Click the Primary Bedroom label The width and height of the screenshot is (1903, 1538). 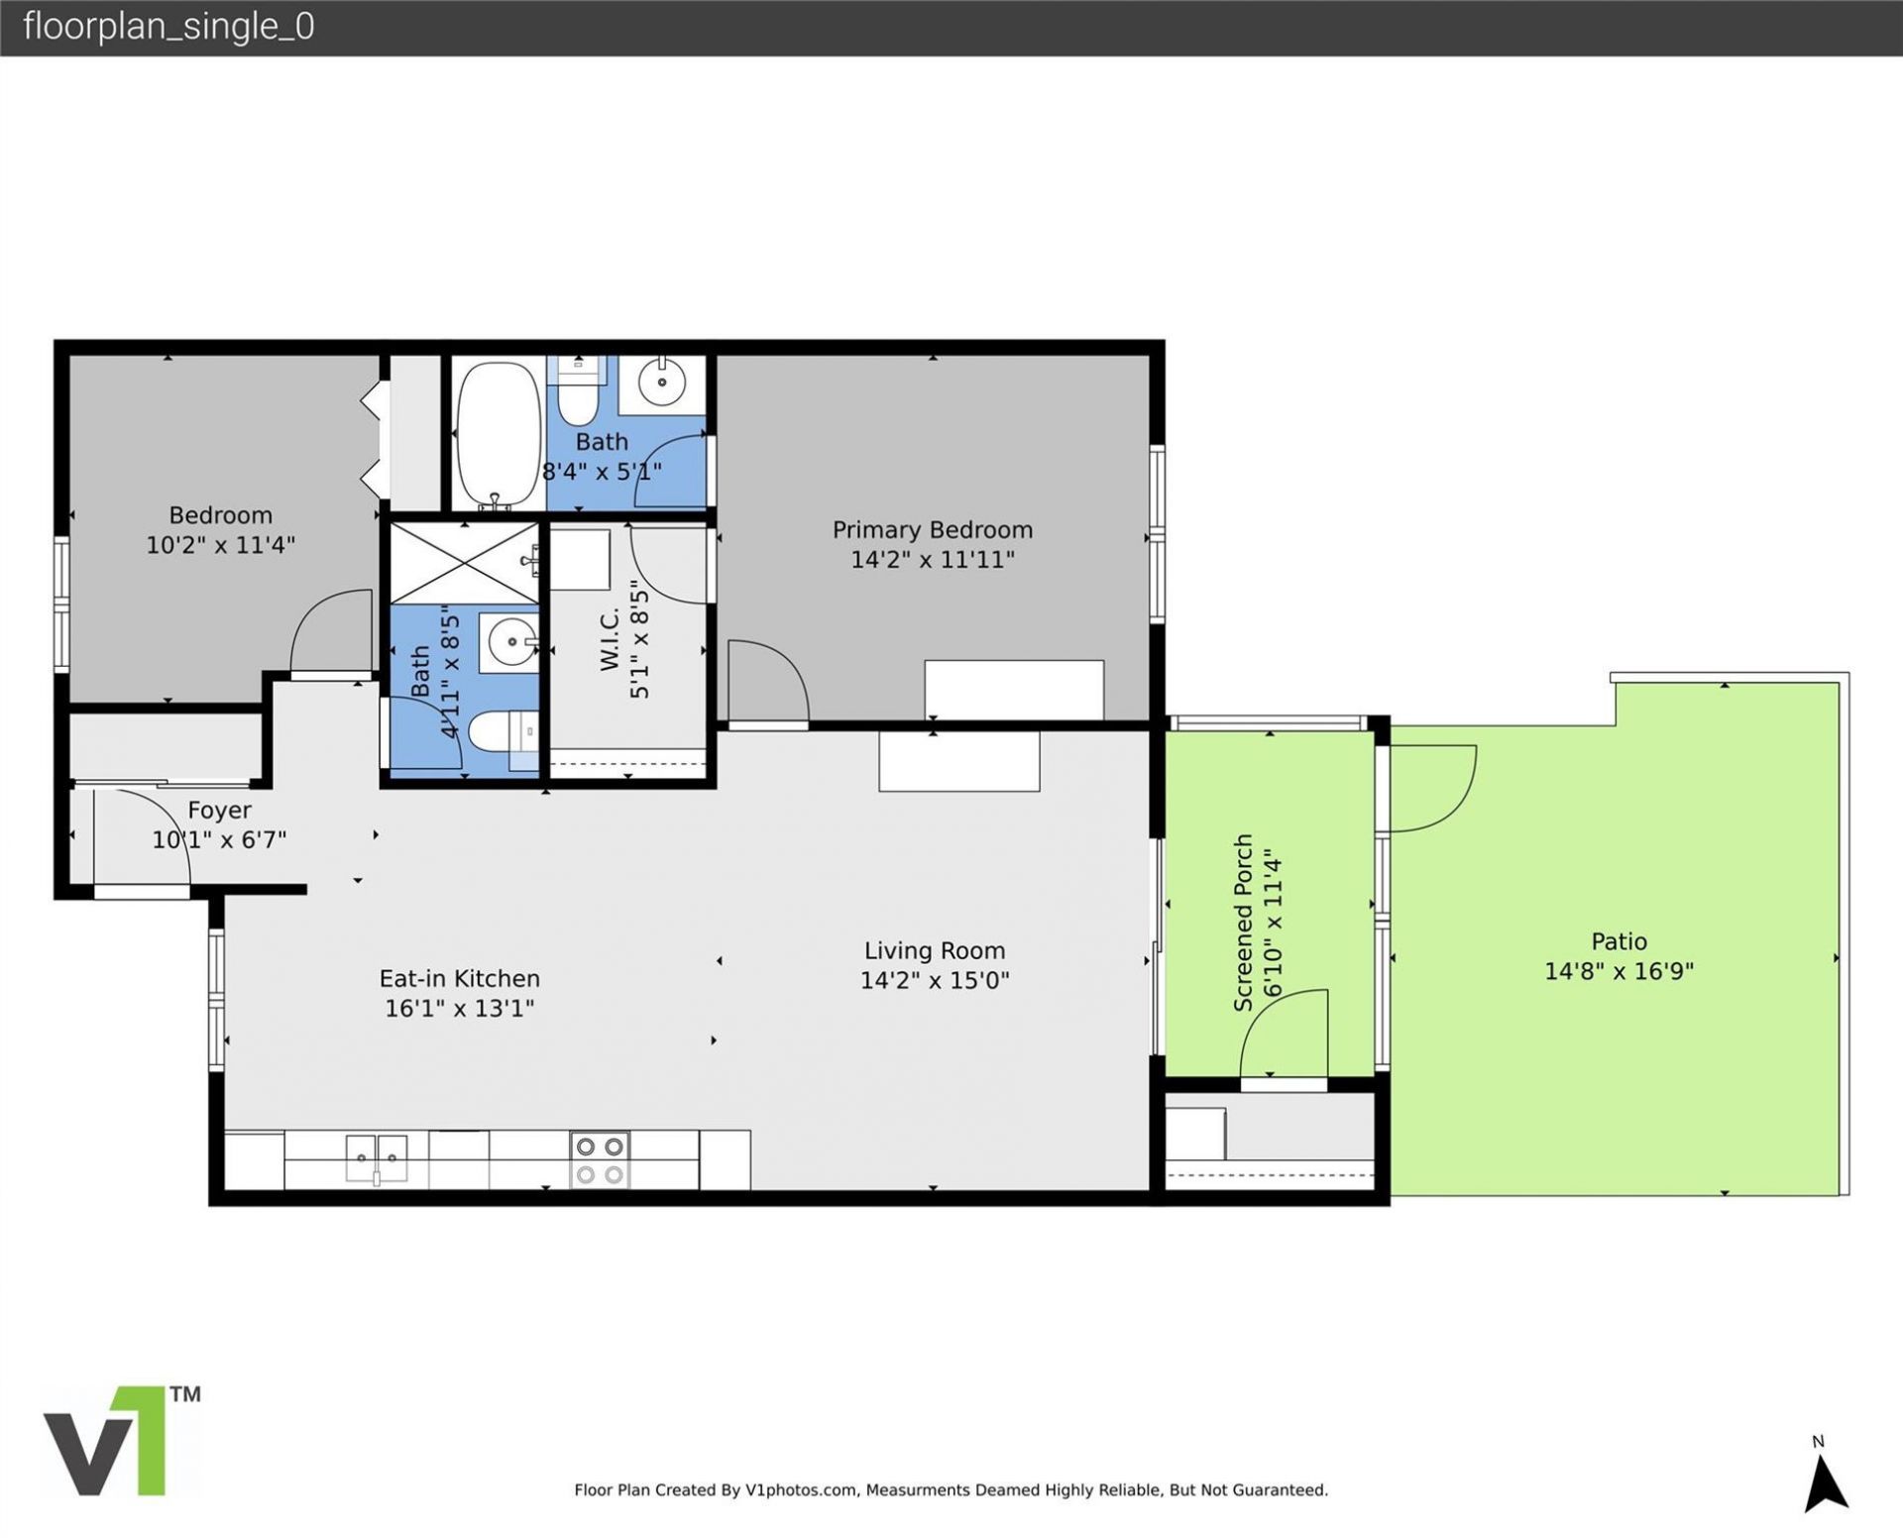point(932,530)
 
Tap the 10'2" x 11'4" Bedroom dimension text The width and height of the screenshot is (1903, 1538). point(220,545)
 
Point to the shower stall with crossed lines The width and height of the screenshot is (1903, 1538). point(464,563)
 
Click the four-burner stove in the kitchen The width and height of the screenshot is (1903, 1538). point(600,1159)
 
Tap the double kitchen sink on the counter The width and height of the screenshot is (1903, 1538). point(377,1157)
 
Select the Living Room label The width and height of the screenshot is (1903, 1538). point(934,951)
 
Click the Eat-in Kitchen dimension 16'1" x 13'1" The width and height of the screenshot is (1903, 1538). point(459,1009)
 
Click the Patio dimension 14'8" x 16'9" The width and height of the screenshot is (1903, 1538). point(1619,971)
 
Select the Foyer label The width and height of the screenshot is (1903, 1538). point(219,811)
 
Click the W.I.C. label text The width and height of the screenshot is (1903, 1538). point(610,639)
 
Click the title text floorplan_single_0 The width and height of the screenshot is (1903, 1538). point(168,27)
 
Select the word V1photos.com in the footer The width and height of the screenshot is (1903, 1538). point(802,1489)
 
